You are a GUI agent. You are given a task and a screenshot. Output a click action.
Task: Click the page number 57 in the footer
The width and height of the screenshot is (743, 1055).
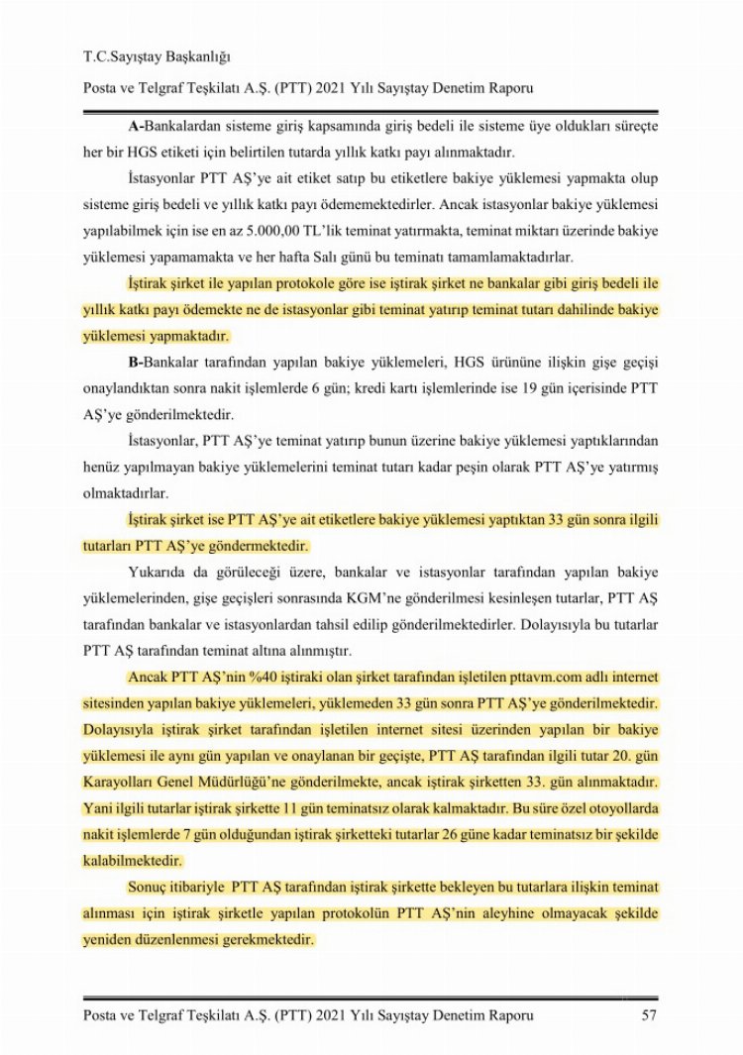[x=649, y=1015]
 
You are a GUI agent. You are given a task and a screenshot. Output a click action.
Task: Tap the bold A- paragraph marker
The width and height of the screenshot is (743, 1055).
[x=138, y=128]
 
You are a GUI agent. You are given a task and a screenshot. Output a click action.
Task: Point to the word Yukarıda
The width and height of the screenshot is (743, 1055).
[x=160, y=574]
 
